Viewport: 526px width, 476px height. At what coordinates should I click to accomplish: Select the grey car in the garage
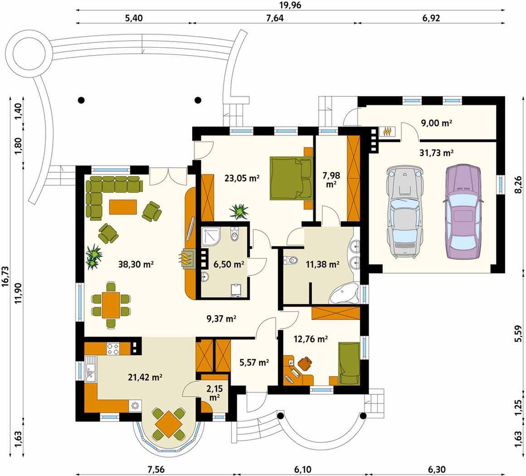coord(405,212)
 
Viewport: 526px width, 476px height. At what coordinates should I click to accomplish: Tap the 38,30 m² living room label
coord(136,264)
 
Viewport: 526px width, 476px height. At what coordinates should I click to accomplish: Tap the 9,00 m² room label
coord(436,123)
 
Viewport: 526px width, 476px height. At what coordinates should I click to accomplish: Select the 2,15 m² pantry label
coord(214,393)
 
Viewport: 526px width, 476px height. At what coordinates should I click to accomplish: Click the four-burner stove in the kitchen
coord(113,348)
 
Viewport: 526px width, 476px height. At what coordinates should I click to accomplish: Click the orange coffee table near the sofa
coord(123,207)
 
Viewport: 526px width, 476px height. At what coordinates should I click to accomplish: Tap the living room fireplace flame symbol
coord(186,258)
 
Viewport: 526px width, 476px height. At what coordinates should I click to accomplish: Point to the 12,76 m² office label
coord(311,339)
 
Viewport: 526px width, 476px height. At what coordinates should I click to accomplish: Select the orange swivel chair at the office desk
coord(305,364)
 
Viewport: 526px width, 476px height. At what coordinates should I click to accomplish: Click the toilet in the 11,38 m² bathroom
coord(291,260)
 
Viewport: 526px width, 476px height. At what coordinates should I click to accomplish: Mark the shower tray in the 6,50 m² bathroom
coord(211,237)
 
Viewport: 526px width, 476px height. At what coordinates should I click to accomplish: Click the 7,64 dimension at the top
coord(275,18)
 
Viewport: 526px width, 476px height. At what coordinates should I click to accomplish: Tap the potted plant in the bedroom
coord(239,211)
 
